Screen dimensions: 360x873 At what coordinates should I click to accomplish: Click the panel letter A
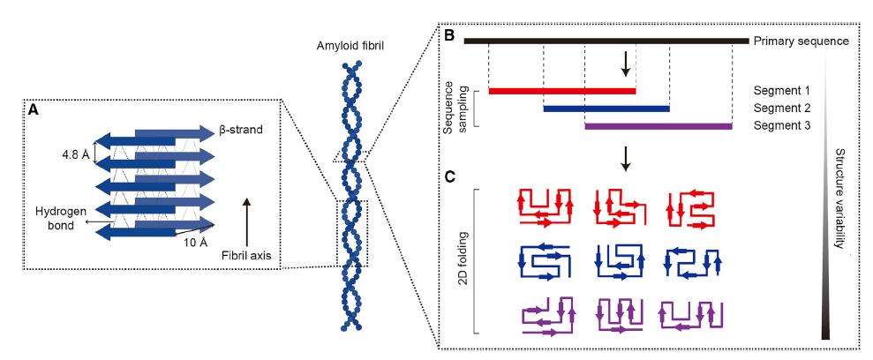(x=34, y=111)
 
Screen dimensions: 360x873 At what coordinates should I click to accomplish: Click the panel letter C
(x=448, y=176)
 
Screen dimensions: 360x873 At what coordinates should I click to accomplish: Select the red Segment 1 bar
(x=561, y=90)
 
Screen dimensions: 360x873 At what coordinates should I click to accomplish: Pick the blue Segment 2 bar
(x=606, y=109)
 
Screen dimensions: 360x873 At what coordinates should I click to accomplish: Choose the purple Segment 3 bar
(x=659, y=126)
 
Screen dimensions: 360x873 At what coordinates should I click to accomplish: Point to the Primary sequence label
(x=802, y=41)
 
